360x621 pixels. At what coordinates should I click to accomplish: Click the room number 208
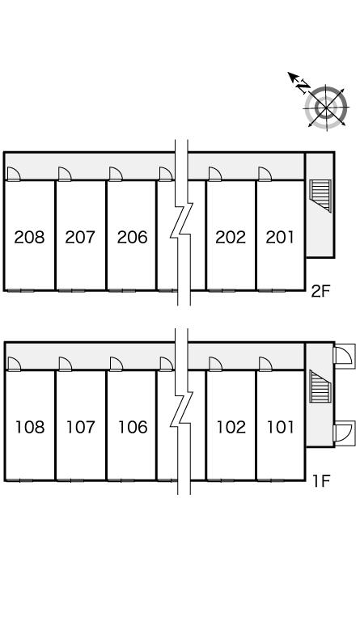tap(29, 237)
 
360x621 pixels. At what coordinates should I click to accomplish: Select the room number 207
tap(80, 237)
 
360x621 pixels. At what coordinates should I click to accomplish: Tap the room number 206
tap(133, 237)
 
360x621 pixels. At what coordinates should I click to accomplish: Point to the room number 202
tap(231, 237)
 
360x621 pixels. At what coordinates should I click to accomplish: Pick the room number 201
tap(280, 237)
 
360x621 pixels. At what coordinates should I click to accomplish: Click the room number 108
tap(30, 427)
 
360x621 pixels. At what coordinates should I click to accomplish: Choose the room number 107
tap(81, 427)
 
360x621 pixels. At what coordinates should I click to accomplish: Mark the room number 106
tap(133, 427)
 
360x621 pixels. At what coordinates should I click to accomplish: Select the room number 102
tap(231, 427)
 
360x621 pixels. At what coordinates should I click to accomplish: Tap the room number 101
tap(281, 427)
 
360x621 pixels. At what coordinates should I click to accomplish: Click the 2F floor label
tap(320, 291)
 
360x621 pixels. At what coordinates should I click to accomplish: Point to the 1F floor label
tap(321, 481)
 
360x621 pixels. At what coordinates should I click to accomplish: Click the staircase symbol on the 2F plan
tap(320, 196)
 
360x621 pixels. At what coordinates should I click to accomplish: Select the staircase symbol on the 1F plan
tap(320, 386)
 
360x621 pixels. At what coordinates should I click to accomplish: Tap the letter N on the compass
tap(303, 87)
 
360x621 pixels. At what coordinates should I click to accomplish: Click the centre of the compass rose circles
tap(326, 107)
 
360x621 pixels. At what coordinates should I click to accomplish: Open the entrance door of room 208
tap(14, 175)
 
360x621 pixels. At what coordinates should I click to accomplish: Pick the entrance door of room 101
tap(265, 364)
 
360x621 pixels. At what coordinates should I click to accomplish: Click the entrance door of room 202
tap(215, 175)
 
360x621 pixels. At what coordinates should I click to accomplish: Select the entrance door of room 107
tap(65, 364)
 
